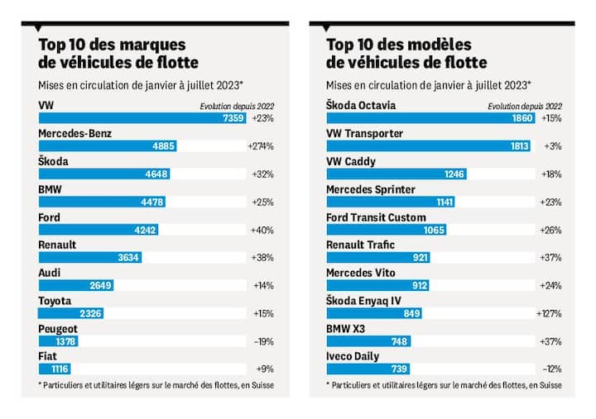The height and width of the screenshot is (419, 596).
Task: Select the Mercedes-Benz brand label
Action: [x=81, y=133]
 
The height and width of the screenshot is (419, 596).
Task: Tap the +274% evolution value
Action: [x=261, y=146]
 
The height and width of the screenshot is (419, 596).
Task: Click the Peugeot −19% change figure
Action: [x=262, y=340]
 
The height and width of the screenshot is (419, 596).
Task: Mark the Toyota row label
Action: [x=55, y=301]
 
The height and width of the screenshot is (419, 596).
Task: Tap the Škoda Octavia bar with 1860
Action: [x=429, y=118]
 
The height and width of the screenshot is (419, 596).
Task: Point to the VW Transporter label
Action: [x=365, y=133]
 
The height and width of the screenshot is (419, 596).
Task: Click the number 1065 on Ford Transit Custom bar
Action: [x=431, y=231]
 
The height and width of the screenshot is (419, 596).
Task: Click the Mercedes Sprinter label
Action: [x=372, y=189]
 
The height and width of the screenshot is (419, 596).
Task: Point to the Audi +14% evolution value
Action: [x=262, y=286]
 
